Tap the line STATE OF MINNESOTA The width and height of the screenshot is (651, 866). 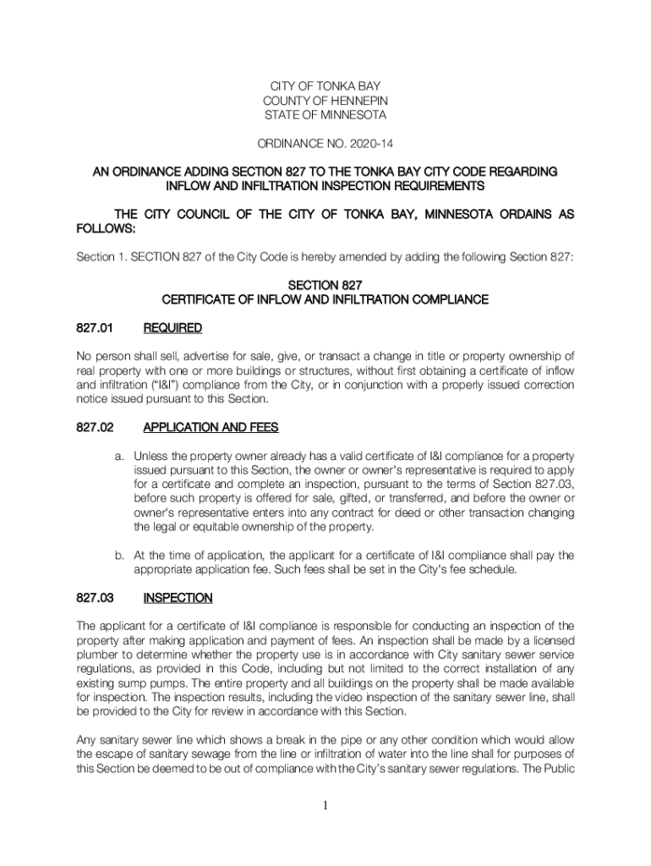pos(325,115)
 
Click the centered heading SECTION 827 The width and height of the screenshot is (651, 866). pos(325,285)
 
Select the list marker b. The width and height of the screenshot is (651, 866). pos(120,555)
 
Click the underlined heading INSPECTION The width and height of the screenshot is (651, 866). pos(178,598)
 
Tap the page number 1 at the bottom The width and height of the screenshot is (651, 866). pos(325,804)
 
